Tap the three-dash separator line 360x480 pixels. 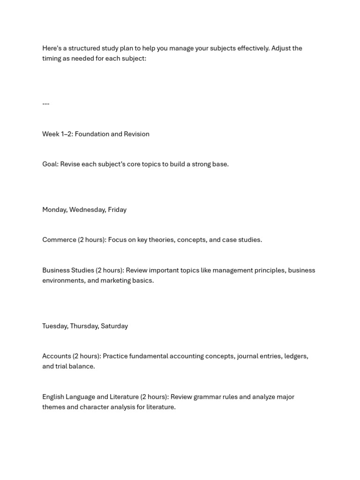(45, 104)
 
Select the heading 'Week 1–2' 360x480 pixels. (57, 134)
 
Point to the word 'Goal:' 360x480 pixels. (50, 164)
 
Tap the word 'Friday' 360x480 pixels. (117, 210)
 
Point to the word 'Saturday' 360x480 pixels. (114, 326)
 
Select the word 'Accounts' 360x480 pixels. (57, 356)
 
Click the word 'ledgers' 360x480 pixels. (296, 356)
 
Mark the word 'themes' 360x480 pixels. (53, 407)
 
